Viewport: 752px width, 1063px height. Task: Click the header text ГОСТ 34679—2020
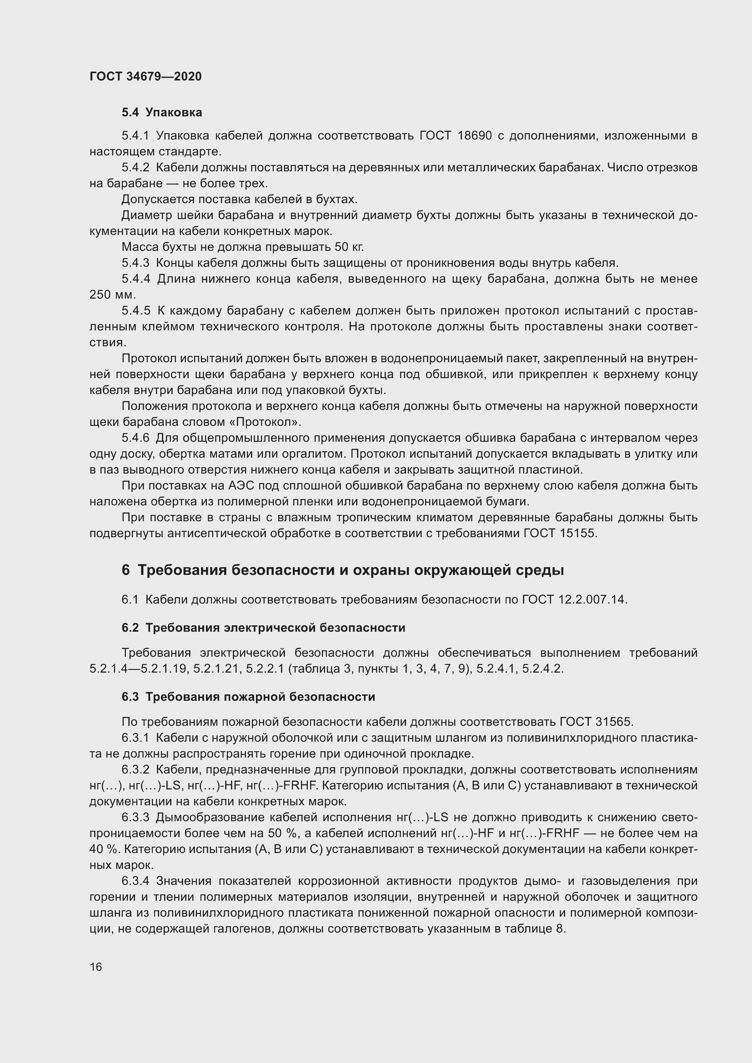145,76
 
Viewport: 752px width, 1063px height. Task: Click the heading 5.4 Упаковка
161,113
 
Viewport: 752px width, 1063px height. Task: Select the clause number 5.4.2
135,168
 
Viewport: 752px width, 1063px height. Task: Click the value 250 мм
112,294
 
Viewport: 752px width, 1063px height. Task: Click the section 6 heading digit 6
125,570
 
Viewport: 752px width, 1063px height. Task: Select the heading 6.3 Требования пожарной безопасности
248,697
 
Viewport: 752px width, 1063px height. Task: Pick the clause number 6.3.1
135,738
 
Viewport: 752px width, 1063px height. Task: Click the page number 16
96,967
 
